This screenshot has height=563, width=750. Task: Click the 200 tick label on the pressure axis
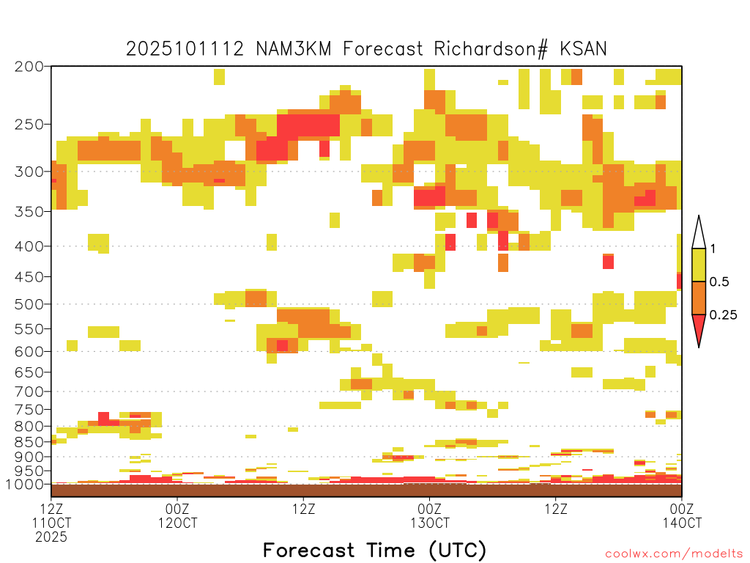pyautogui.click(x=29, y=67)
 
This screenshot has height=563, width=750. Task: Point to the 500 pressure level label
pyautogui.click(x=29, y=304)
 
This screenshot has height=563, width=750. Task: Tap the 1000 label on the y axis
pyautogui.click(x=24, y=485)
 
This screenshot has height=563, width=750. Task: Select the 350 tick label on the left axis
pyautogui.click(x=29, y=211)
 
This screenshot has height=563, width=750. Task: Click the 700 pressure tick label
pyautogui.click(x=29, y=391)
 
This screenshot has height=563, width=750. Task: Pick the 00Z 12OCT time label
pyautogui.click(x=177, y=515)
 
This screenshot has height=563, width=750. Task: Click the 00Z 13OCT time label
pyautogui.click(x=429, y=515)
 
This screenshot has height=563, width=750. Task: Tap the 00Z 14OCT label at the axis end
pyautogui.click(x=682, y=515)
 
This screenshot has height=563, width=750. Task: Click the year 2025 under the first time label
pyautogui.click(x=51, y=537)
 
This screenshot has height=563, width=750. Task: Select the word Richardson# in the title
pyautogui.click(x=491, y=49)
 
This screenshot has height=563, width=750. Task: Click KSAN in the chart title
pyautogui.click(x=583, y=49)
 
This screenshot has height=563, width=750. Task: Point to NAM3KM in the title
pyautogui.click(x=294, y=49)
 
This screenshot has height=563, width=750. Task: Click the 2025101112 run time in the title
pyautogui.click(x=185, y=49)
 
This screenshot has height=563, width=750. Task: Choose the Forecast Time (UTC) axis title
pyautogui.click(x=374, y=550)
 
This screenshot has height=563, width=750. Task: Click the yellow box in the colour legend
pyautogui.click(x=699, y=265)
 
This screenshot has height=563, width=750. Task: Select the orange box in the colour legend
pyautogui.click(x=699, y=298)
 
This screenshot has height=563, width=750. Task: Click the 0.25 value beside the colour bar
pyautogui.click(x=723, y=315)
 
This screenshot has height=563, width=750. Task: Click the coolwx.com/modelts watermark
pyautogui.click(x=674, y=554)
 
